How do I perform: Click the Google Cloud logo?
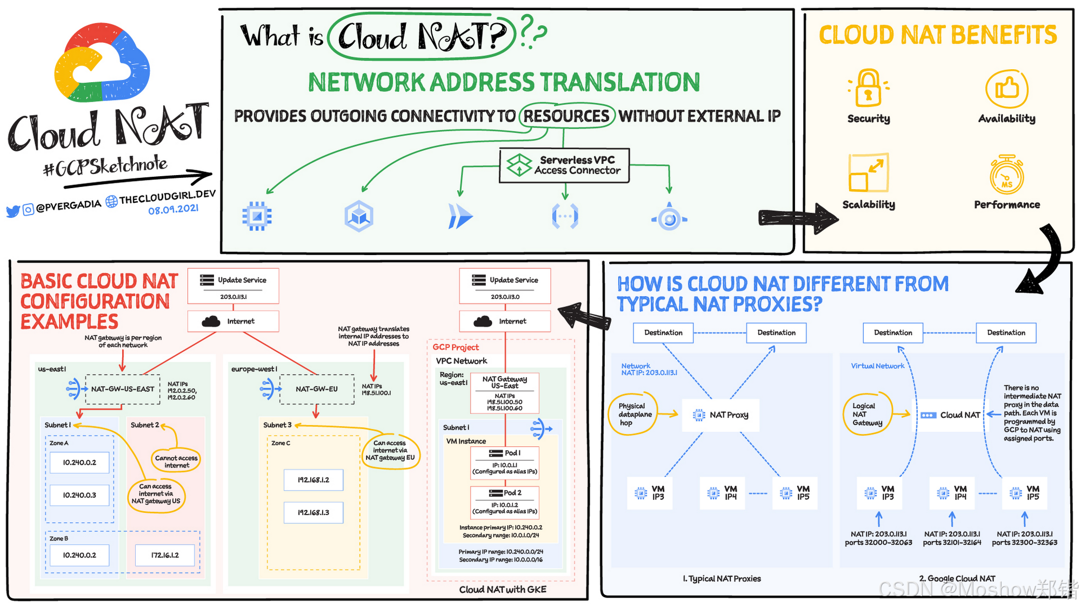[x=102, y=63]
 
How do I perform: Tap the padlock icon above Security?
[x=868, y=88]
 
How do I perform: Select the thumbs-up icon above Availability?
[x=1006, y=88]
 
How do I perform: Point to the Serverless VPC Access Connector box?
[x=564, y=165]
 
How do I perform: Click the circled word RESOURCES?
[x=566, y=116]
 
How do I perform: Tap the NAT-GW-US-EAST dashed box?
[x=123, y=389]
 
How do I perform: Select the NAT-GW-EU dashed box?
[x=317, y=389]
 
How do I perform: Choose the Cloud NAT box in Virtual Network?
[x=951, y=415]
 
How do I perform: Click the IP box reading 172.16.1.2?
[x=165, y=555]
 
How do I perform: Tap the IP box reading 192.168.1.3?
[x=313, y=512]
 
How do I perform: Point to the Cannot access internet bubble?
[x=176, y=461]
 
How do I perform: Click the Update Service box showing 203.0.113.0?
[x=505, y=286]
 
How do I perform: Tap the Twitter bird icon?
[x=12, y=211]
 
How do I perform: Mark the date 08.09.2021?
[x=174, y=209]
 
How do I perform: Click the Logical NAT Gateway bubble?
[x=866, y=415]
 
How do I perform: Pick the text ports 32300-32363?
[x=1024, y=543]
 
